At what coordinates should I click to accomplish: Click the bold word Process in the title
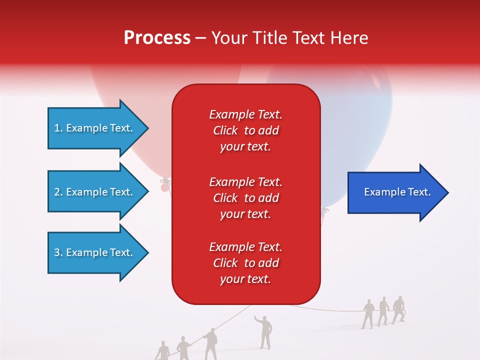(157, 38)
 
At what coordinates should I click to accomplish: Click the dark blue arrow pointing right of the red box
(395, 192)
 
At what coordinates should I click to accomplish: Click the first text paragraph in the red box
(245, 130)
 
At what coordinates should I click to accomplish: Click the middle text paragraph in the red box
(245, 197)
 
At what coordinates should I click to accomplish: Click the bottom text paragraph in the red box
(245, 263)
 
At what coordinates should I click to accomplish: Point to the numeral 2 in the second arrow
(57, 192)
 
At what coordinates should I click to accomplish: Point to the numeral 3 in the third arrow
(57, 252)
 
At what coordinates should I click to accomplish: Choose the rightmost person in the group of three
(398, 309)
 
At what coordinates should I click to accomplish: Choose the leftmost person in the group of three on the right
(368, 313)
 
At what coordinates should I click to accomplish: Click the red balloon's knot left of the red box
(163, 187)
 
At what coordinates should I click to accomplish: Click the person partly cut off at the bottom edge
(162, 351)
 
